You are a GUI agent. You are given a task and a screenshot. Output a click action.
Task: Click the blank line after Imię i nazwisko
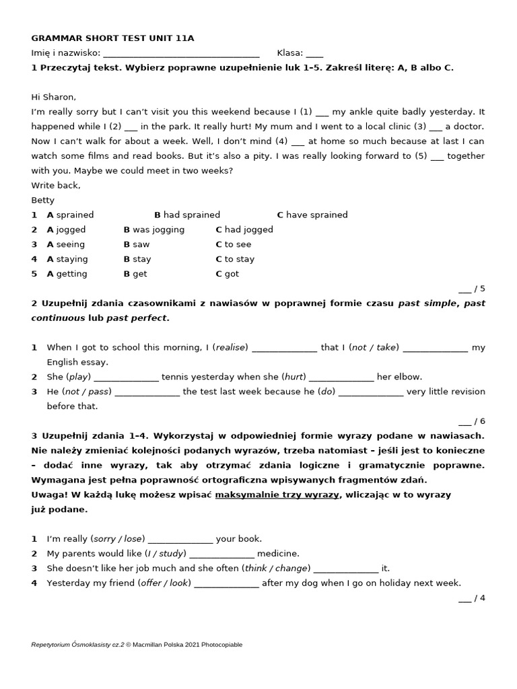pyautogui.click(x=182, y=54)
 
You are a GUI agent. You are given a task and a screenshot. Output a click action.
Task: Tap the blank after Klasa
pyautogui.click(x=314, y=54)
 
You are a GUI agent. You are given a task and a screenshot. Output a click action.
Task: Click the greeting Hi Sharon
pyautogui.click(x=54, y=97)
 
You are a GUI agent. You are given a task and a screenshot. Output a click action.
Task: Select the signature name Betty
pyautogui.click(x=43, y=200)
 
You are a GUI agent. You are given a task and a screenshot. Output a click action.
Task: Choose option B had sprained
pyautogui.click(x=187, y=215)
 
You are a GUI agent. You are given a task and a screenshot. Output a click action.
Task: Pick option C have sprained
pyautogui.click(x=312, y=215)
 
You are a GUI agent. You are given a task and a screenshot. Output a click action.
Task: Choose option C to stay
pyautogui.click(x=235, y=259)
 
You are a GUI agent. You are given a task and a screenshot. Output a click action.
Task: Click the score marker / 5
pyautogui.click(x=472, y=289)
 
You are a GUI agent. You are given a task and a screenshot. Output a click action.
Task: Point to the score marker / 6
pyautogui.click(x=472, y=421)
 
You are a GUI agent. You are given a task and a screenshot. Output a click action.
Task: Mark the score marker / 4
pyautogui.click(x=472, y=597)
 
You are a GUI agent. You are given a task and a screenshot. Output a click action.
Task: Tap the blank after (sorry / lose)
pyautogui.click(x=180, y=540)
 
